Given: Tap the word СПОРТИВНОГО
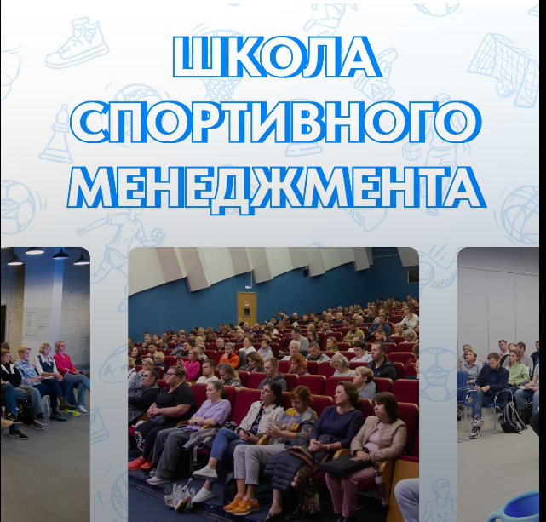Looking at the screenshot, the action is [277, 123].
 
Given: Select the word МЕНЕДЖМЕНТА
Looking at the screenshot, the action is [277, 190].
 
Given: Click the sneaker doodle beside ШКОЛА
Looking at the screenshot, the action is [78, 43].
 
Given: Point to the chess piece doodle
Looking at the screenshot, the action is [55, 135].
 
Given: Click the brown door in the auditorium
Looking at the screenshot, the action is [246, 308].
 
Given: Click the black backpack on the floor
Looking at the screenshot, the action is [512, 417].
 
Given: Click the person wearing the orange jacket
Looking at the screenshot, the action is [229, 355].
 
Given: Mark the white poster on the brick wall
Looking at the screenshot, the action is [37, 323].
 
